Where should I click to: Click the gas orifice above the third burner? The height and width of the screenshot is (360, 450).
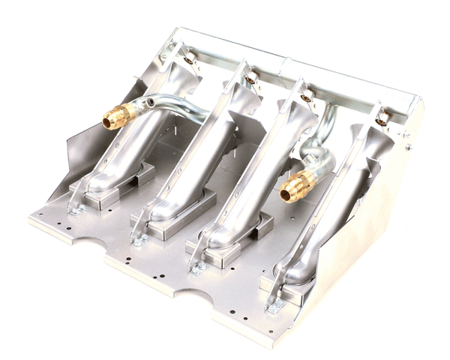(x=307, y=96)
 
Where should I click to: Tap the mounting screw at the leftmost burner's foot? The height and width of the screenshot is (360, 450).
(x=75, y=210)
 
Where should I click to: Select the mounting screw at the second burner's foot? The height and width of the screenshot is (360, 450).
(x=140, y=239)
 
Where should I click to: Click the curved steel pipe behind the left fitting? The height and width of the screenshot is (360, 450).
(x=176, y=109)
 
